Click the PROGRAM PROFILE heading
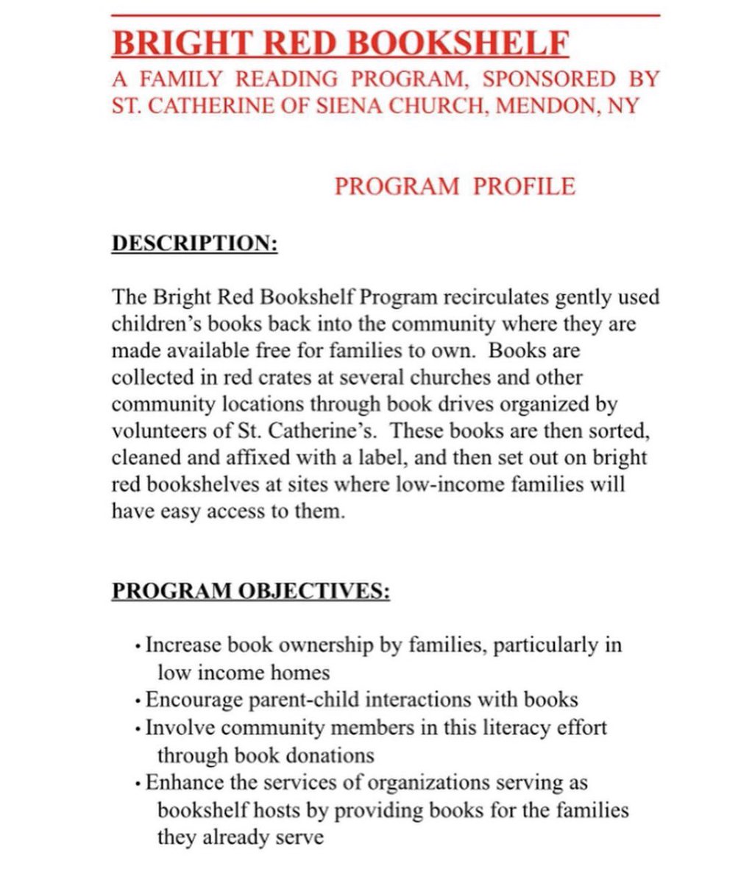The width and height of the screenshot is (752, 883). pyautogui.click(x=454, y=186)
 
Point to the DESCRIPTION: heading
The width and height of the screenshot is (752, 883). pyautogui.click(x=194, y=244)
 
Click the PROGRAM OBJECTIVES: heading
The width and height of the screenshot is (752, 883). pyautogui.click(x=251, y=591)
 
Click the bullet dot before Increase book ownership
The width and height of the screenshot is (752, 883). pyautogui.click(x=138, y=647)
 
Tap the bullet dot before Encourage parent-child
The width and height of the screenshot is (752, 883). pyautogui.click(x=138, y=701)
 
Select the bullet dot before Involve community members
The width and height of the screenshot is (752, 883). pyautogui.click(x=138, y=729)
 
